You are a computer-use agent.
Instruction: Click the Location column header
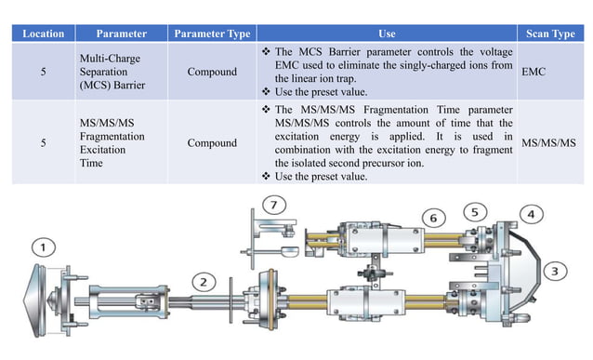43,33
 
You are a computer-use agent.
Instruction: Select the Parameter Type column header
212,33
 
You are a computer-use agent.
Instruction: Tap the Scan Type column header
549,33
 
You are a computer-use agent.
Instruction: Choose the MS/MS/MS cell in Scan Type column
549,143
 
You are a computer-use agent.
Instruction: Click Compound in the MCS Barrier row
212,71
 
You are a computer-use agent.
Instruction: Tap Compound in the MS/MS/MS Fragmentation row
212,143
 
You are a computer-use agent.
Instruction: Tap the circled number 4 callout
531,214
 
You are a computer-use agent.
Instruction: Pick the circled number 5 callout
475,212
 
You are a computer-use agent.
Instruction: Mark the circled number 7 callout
272,204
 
